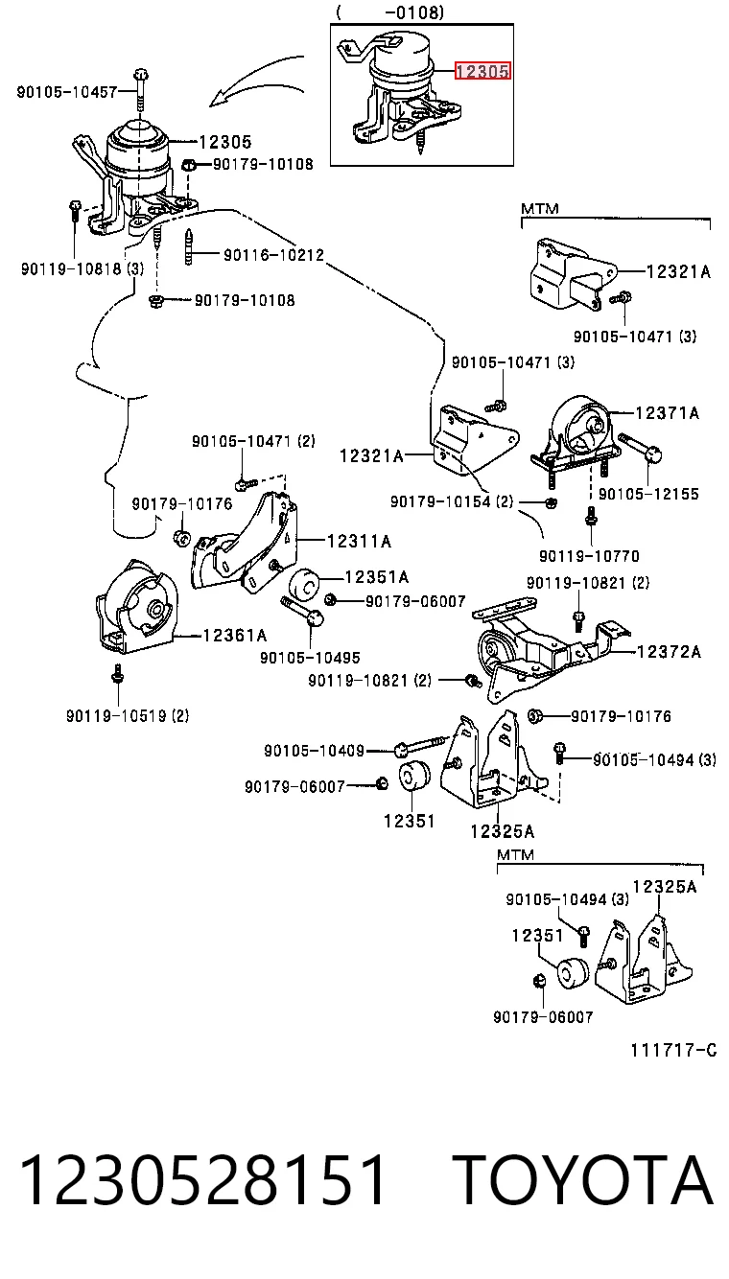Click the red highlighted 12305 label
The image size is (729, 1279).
pos(482,71)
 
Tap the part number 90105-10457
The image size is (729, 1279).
pos(67,91)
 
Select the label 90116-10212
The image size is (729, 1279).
pos(273,255)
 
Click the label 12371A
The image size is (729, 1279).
pos(667,412)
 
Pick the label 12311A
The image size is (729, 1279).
pos(359,541)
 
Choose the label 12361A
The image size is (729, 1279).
pos(235,635)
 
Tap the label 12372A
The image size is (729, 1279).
pos(669,652)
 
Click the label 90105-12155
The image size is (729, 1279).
pos(648,494)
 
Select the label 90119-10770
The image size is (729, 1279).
pos(589,555)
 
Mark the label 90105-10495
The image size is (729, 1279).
pos(310,658)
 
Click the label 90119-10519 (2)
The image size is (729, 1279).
pos(128,715)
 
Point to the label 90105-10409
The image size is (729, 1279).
pos(315,751)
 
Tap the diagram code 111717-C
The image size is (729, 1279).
pos(673,1050)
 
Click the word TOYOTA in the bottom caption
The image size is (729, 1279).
pos(583,1181)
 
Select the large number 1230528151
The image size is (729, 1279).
pos(202,1181)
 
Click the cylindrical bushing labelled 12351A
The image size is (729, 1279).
pos(305,584)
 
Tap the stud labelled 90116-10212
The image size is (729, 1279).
pos(189,246)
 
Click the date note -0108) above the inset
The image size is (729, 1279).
pos(414,12)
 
